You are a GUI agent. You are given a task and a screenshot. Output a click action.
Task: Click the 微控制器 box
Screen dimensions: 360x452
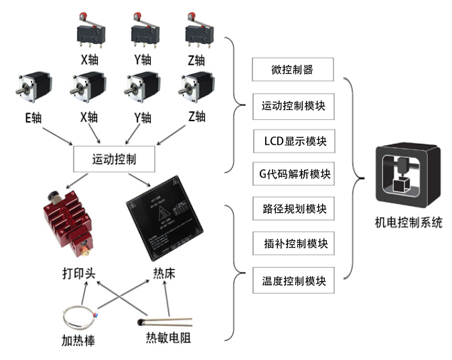coord(293,69)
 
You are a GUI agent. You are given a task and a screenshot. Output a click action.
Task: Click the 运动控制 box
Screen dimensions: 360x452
coord(114,160)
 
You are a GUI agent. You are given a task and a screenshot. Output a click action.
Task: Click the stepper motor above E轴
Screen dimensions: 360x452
coord(32,91)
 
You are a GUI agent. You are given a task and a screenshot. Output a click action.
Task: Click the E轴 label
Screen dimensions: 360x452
coord(32,118)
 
